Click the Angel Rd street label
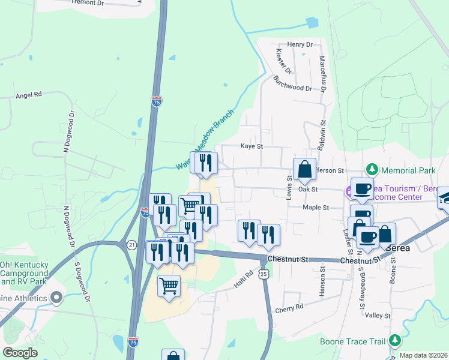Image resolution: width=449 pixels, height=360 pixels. click(29, 95)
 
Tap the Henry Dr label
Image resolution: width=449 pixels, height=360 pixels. click(300, 44)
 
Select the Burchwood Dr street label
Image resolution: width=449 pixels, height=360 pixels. click(293, 83)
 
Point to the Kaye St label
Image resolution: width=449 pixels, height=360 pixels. click(252, 146)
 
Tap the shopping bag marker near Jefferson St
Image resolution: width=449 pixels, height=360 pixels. click(304, 169)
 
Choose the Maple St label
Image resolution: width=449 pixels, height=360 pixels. click(316, 207)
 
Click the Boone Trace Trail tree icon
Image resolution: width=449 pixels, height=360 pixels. click(394, 341)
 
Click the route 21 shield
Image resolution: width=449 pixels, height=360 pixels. click(131, 244)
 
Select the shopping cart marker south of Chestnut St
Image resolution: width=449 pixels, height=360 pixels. click(169, 285)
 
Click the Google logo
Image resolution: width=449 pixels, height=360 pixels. click(20, 353)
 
